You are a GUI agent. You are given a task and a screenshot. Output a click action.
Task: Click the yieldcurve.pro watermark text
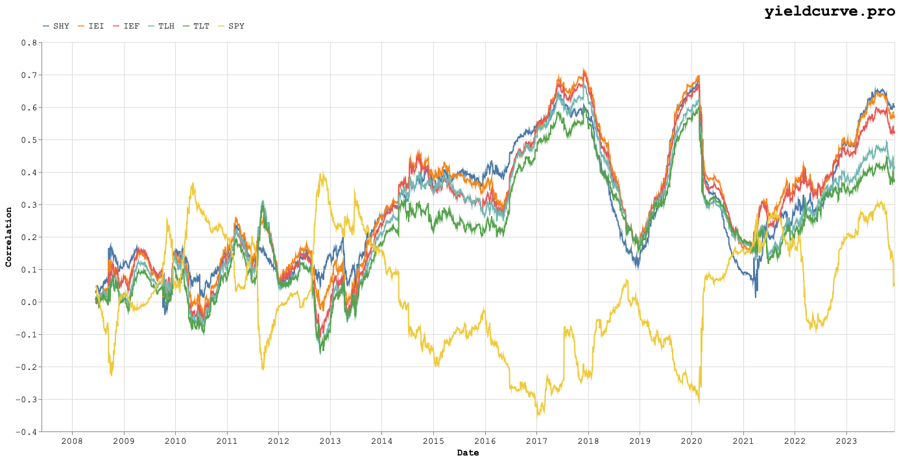click(831, 11)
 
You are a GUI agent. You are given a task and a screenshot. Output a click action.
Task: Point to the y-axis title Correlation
click(9, 237)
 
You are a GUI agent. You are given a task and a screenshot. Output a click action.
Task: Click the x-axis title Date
click(468, 453)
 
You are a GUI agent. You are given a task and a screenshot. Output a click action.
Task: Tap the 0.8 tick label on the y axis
click(29, 43)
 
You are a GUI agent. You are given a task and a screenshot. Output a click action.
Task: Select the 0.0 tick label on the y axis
click(29, 302)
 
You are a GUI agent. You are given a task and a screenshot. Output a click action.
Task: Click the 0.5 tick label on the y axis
click(29, 140)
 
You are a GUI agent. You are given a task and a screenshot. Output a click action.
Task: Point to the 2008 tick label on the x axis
click(72, 442)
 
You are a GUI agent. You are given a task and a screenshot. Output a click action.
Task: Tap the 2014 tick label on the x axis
click(381, 442)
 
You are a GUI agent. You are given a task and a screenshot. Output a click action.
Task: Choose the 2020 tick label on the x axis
click(691, 442)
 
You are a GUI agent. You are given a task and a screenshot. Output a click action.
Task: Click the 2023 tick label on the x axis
click(846, 442)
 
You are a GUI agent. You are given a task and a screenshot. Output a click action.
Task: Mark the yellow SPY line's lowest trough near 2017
click(538, 415)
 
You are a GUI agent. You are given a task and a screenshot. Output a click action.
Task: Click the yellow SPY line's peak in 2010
click(193, 184)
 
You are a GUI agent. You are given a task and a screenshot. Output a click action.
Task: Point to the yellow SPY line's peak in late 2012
click(322, 174)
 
